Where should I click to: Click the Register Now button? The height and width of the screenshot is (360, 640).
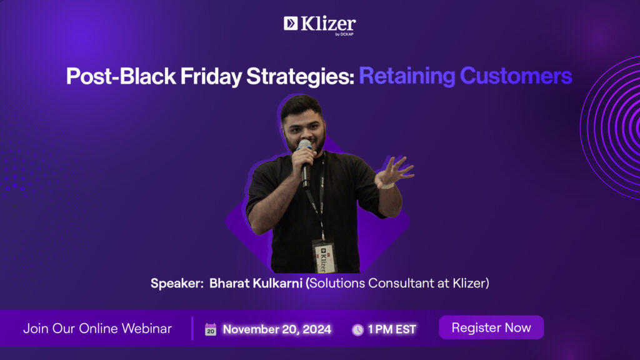coord(491,327)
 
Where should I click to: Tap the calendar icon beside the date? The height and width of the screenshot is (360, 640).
coord(211,329)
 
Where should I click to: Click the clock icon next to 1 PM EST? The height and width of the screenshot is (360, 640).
coord(357,330)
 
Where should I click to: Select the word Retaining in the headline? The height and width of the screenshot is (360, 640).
coord(407,76)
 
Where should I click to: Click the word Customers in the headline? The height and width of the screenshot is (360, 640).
coord(516,76)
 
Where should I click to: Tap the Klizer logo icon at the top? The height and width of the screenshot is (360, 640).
coord(291,24)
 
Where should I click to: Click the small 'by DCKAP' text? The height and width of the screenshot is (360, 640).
coord(344,34)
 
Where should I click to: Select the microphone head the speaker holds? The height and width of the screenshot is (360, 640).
coord(304,145)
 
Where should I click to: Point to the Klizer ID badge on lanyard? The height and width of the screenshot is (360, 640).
coord(324,256)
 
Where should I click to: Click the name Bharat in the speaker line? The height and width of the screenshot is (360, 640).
coord(229,283)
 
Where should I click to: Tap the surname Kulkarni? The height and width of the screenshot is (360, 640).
coord(277,283)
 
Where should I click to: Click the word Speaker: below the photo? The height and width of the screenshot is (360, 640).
coord(177,283)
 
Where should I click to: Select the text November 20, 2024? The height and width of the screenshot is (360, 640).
coord(277,329)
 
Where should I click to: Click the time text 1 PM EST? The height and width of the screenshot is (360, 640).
coord(392,329)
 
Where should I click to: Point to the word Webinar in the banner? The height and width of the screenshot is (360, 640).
coord(146,329)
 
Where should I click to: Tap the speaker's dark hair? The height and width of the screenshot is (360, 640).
coord(301,106)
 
